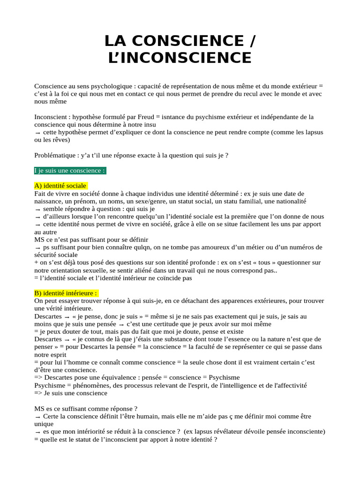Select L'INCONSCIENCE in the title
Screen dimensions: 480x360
pos(180,58)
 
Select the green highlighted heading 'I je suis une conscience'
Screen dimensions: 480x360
pos(70,170)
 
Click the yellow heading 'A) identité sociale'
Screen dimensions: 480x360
pos(61,186)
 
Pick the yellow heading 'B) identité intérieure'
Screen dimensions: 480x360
pos(66,293)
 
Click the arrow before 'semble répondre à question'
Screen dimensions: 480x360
pos(37,209)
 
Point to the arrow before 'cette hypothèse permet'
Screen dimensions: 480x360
pos(37,132)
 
